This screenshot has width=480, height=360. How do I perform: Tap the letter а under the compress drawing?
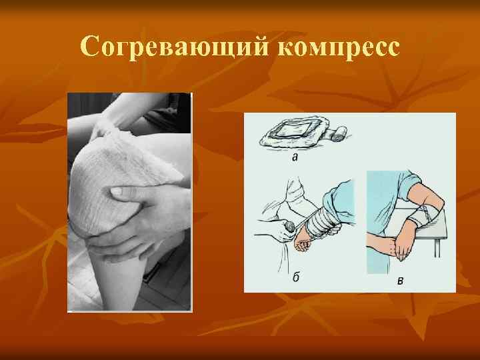pos(294,158)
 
